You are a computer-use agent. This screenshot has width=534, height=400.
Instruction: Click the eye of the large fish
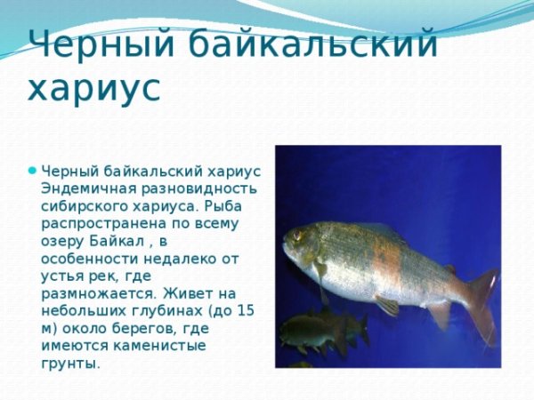pyautogui.click(x=296, y=236)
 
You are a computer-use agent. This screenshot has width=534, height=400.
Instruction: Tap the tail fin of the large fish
pyautogui.click(x=483, y=302)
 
